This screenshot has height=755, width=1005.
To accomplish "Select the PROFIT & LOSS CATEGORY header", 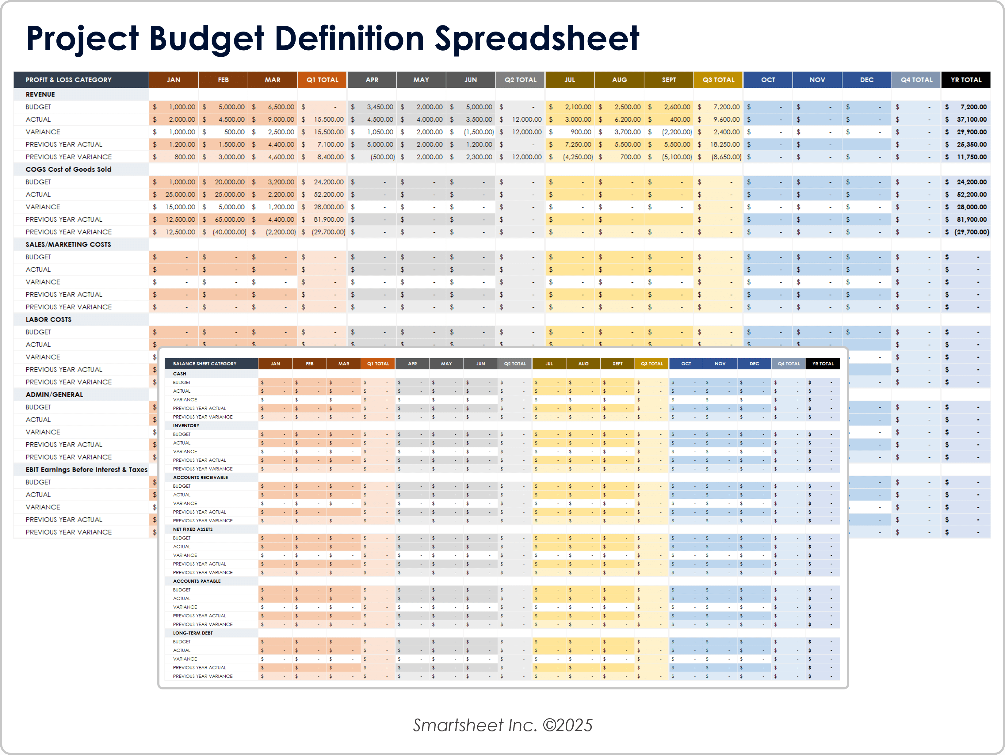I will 68,79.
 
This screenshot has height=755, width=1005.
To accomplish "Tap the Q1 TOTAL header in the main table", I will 322,79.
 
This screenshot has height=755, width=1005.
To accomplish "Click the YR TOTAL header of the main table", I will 966,79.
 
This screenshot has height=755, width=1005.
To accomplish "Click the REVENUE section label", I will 40,94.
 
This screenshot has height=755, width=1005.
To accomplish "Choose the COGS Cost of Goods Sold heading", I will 68,170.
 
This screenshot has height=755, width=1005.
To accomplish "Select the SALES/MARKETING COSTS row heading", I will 68,244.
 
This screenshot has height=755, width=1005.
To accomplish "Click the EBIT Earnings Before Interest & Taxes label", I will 86,470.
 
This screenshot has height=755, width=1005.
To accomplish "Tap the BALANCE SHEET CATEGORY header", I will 204,364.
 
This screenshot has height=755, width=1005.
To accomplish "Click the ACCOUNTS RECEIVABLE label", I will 201,478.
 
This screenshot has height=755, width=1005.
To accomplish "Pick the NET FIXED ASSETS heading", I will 193,529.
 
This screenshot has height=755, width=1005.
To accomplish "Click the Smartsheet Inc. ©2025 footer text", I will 502,725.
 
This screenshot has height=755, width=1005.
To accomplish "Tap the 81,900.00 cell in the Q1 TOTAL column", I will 328,219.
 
